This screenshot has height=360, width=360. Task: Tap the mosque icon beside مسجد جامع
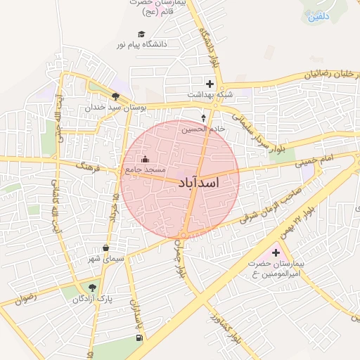pyautogui.click(x=146, y=160)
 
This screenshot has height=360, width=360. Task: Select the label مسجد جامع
pyautogui.click(x=145, y=171)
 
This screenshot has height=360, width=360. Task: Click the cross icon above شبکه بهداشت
pyautogui.click(x=209, y=84)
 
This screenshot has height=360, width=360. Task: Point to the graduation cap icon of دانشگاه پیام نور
pyautogui.click(x=141, y=34)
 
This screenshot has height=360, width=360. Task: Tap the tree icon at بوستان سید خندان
pyautogui.click(x=115, y=97)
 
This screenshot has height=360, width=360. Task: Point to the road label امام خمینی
pyautogui.click(x=315, y=162)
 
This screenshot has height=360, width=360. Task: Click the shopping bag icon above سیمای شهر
pyautogui.click(x=105, y=248)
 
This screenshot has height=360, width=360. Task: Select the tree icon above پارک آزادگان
pyautogui.click(x=91, y=287)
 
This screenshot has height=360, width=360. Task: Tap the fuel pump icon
pyautogui.click(x=139, y=338)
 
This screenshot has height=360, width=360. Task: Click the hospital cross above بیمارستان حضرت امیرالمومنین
pyautogui.click(x=275, y=252)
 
